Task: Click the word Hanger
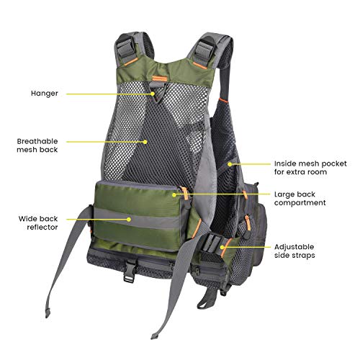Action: coord(45,94)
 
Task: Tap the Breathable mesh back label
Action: coord(37,145)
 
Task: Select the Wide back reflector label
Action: coord(38,223)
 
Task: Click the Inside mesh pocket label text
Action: coord(310,168)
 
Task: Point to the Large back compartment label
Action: coord(300,198)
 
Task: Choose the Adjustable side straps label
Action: coord(294,251)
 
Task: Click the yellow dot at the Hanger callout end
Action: coord(153,94)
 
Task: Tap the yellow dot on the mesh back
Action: coord(145,142)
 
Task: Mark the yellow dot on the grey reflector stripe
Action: coord(129,219)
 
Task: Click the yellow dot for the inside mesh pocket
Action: coord(230,164)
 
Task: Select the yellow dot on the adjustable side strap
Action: coord(222,247)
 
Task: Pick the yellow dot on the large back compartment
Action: coord(174,194)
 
